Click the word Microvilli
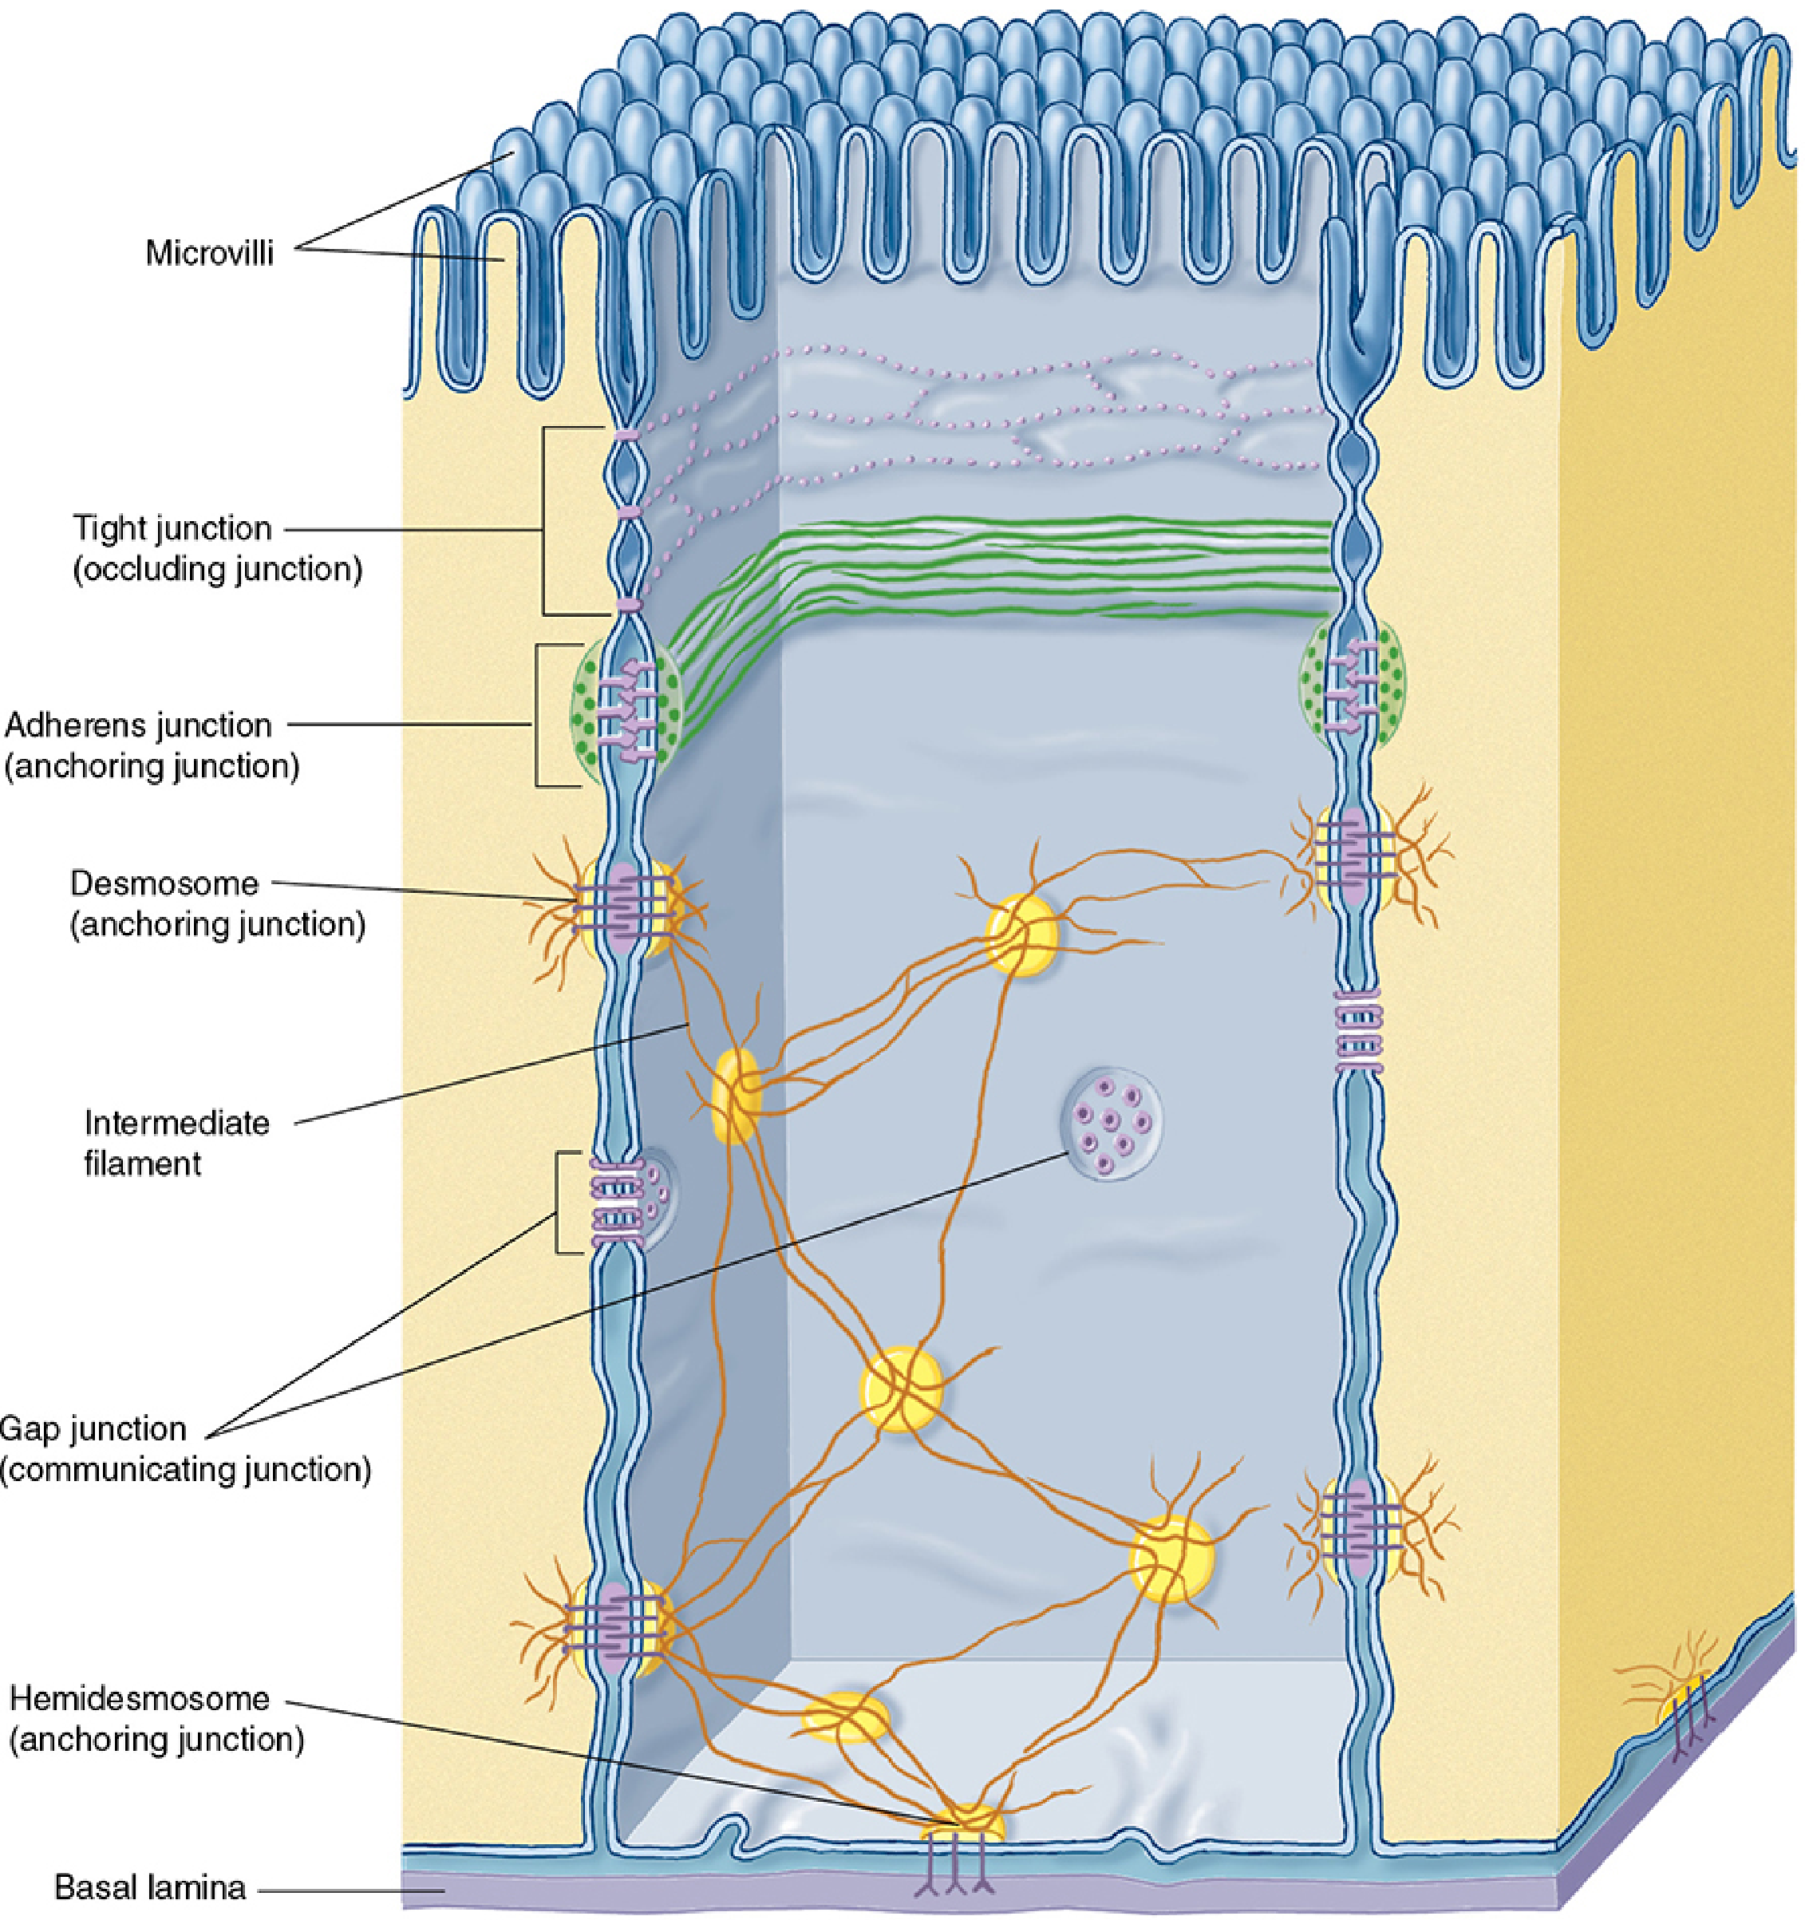tap(210, 253)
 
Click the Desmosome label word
tap(165, 883)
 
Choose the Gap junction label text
tap(93, 1428)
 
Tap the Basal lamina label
tap(151, 1887)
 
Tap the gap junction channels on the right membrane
tap(1358, 1032)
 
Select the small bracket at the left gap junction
tap(559, 1203)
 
